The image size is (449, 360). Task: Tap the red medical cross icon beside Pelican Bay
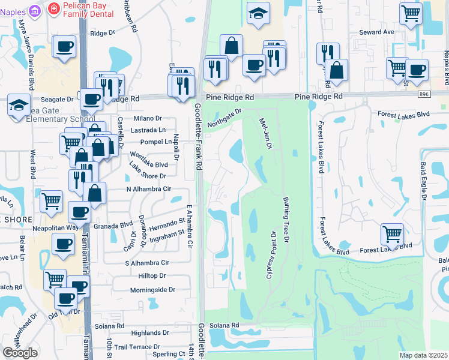coord(53,8)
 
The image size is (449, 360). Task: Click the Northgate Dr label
coord(224,115)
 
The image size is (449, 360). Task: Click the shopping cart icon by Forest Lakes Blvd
coord(392,233)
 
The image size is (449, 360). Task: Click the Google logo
coord(20,353)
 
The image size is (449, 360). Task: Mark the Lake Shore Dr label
coord(146,176)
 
